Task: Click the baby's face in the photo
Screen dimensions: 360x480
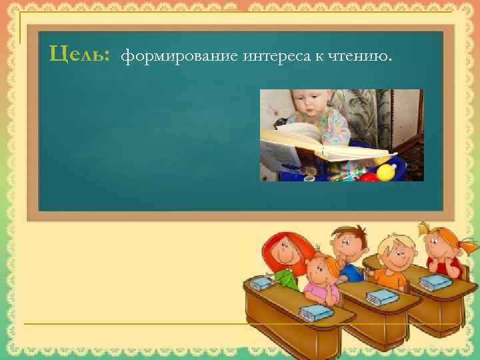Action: click(308, 107)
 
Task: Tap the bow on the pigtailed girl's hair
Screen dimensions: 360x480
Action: click(427, 227)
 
